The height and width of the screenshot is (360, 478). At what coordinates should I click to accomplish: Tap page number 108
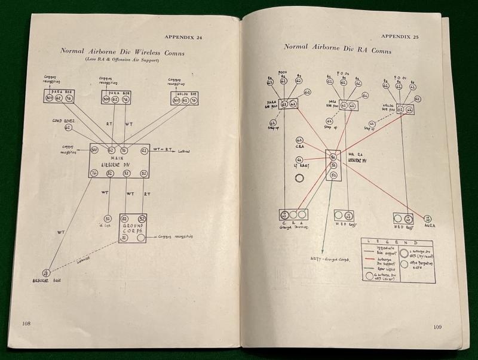[26, 323]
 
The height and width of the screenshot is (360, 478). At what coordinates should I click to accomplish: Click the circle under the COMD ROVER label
[68, 127]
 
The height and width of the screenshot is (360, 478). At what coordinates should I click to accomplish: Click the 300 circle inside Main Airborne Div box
[94, 150]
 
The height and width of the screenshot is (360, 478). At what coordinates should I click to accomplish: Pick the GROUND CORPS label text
[133, 229]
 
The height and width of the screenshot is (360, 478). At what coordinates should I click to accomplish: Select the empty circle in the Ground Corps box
[142, 238]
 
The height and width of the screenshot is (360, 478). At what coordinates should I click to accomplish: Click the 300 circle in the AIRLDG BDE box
[176, 100]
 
